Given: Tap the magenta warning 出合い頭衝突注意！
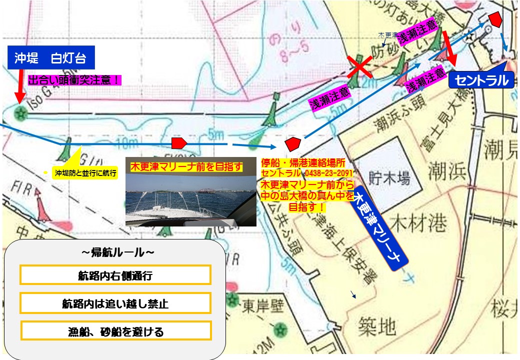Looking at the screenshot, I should (x=75, y=80).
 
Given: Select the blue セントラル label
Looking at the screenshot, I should (x=481, y=80).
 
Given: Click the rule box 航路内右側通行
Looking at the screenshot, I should (x=115, y=275).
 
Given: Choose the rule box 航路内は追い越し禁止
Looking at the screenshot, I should (x=115, y=303).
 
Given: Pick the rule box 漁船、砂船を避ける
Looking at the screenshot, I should (x=115, y=331).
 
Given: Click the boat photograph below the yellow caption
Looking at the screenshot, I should (x=190, y=200).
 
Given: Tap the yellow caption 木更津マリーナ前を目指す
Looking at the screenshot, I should (x=186, y=165).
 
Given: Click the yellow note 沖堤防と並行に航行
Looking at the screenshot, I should (x=85, y=173).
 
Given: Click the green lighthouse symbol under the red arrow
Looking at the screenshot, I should (x=20, y=113).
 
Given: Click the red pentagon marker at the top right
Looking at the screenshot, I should (x=495, y=19).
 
